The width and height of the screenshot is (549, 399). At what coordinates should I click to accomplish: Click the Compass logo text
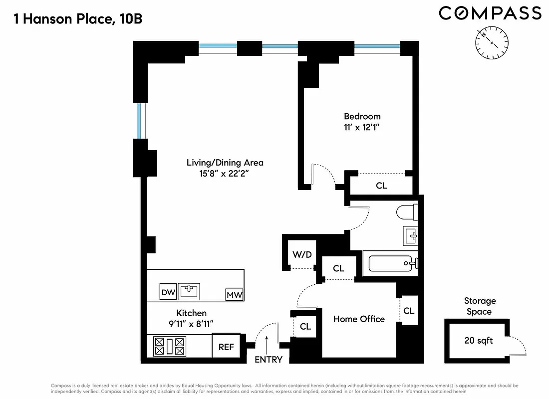tap(490, 13)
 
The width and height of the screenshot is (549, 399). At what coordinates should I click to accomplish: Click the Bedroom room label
tap(362, 116)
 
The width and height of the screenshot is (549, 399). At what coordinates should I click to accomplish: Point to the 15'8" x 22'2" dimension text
tap(225, 174)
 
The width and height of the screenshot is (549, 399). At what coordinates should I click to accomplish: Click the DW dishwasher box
tap(168, 292)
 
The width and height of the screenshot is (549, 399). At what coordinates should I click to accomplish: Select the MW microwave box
tap(235, 295)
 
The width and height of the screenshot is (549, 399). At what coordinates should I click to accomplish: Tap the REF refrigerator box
tap(226, 347)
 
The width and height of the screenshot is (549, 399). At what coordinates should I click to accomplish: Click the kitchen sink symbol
tap(189, 291)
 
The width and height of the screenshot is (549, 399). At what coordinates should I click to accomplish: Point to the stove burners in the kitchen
tap(170, 346)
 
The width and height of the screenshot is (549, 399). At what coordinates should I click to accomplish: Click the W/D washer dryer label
tap(302, 255)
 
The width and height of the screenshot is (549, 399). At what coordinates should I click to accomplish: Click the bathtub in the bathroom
tap(392, 263)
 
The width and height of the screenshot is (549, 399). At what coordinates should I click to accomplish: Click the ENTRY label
tap(269, 360)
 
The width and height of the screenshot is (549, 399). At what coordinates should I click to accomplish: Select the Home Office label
tap(359, 319)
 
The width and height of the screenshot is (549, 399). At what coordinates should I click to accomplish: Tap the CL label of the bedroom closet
tap(381, 186)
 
